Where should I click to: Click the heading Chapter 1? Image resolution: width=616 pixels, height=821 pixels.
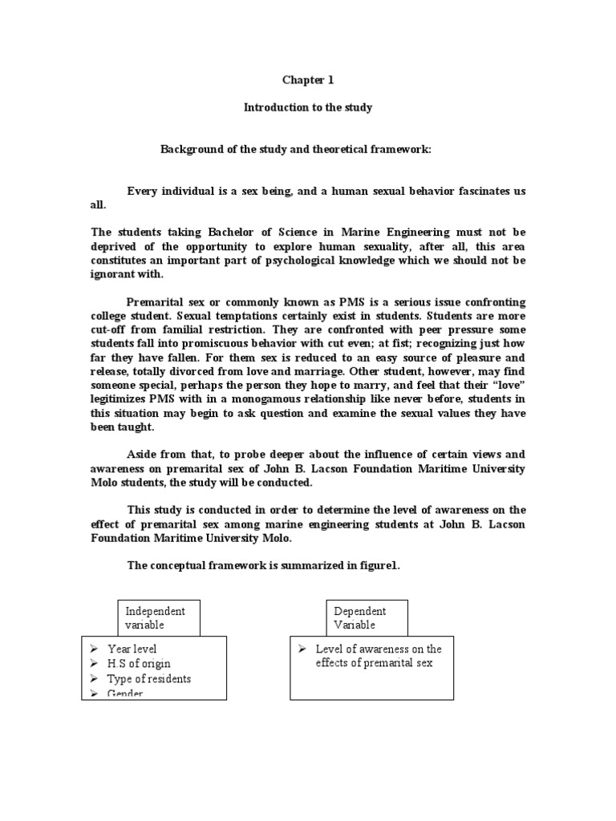click(307, 80)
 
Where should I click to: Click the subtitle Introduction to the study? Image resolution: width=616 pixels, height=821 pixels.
click(308, 107)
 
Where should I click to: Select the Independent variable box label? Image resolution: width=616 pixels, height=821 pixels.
click(157, 617)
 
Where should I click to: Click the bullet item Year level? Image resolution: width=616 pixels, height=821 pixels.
click(132, 649)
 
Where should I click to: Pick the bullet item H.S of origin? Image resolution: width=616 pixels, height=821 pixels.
click(139, 664)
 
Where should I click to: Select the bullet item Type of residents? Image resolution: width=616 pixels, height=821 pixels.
click(149, 679)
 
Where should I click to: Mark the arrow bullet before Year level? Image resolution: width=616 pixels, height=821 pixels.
click(95, 649)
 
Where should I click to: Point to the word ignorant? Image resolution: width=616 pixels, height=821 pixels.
click(116, 273)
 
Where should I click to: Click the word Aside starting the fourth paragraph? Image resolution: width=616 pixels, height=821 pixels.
click(143, 454)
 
